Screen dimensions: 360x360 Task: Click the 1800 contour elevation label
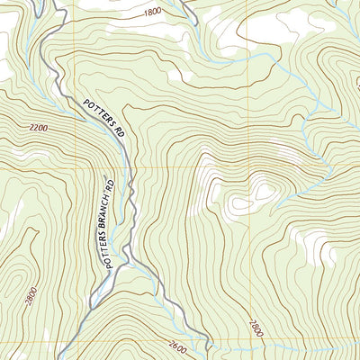[152, 11]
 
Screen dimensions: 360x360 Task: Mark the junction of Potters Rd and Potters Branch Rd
[129, 259]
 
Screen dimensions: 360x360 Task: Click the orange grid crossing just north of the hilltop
[248, 167]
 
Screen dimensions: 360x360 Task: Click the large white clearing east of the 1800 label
[270, 27]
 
